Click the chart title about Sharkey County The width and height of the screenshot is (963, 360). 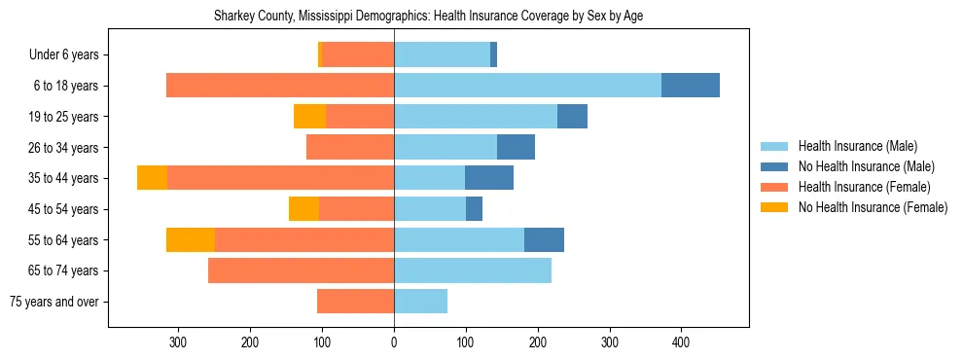click(x=428, y=17)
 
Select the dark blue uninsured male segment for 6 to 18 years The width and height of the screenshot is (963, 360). click(x=691, y=86)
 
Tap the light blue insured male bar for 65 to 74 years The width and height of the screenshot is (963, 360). click(x=473, y=270)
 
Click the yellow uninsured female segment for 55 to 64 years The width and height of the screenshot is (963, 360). click(x=191, y=240)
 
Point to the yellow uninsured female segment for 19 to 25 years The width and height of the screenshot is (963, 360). click(x=309, y=117)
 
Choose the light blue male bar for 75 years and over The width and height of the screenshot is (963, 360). click(x=420, y=302)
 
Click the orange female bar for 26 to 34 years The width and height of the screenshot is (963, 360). click(x=350, y=147)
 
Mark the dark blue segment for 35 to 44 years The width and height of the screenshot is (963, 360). click(x=489, y=178)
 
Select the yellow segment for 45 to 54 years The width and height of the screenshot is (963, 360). click(x=303, y=209)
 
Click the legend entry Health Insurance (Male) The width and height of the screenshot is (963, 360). click(x=857, y=147)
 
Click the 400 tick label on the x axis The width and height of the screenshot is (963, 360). click(x=681, y=342)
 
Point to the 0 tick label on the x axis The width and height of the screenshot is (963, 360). click(x=394, y=342)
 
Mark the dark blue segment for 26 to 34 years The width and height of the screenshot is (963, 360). click(x=516, y=147)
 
